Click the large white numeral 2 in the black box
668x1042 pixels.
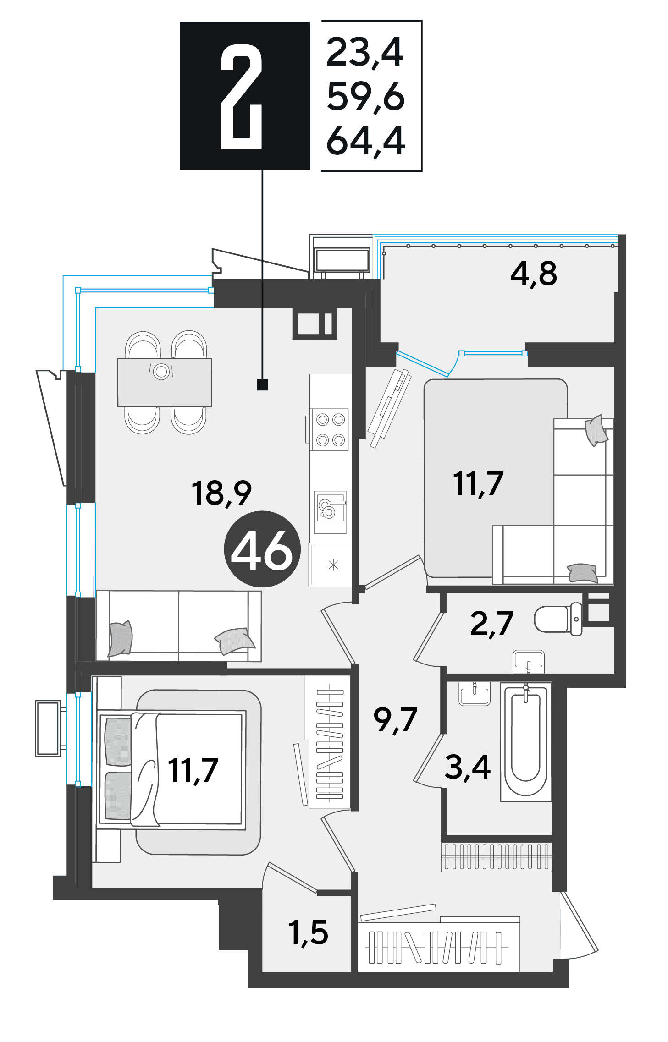coord(242,97)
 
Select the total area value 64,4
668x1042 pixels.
coord(365,141)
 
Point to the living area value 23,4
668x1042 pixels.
coord(365,53)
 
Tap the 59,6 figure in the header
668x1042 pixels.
coord(365,97)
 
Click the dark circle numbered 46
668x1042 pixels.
coord(262,549)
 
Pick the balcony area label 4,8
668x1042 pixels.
coord(534,274)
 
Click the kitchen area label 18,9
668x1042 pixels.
coord(221,494)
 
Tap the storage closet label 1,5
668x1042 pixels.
coord(308,933)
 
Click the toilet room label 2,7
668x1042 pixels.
coord(491,624)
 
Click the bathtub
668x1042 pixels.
coord(525,742)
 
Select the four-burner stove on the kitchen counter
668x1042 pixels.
coord(330,429)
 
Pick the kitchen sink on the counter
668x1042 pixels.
coord(330,512)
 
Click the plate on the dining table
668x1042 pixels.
coord(161,371)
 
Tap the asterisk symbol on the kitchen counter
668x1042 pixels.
coord(333,565)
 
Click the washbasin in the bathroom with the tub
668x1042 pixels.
coord(475,694)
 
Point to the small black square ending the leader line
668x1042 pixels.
coord(262,384)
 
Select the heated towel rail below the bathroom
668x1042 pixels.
coord(497,856)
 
